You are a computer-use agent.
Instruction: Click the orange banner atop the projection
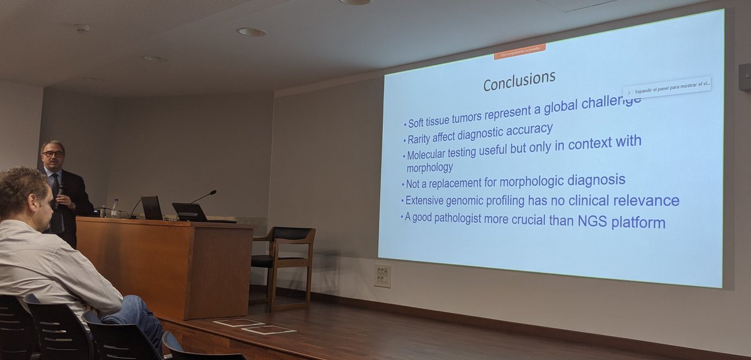(x=519, y=51)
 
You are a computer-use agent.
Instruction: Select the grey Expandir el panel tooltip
(x=667, y=88)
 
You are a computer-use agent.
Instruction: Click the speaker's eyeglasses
(x=53, y=153)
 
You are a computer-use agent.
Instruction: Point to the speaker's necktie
(x=57, y=188)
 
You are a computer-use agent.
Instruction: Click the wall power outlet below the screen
(x=382, y=275)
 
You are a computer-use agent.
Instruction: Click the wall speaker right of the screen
(x=745, y=77)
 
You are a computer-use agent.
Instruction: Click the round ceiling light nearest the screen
(x=252, y=31)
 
